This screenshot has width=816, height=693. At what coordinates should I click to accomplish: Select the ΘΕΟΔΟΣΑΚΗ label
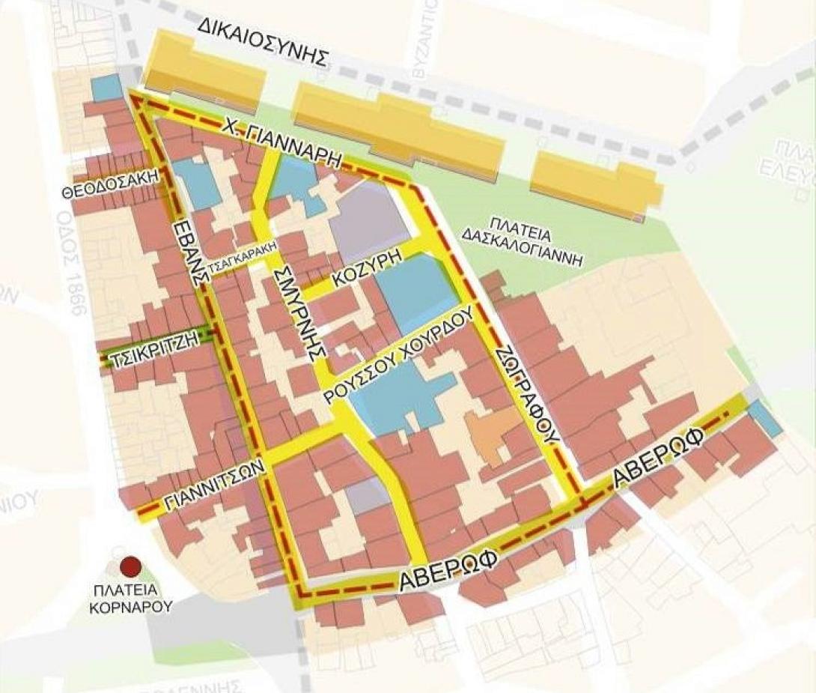(x=112, y=184)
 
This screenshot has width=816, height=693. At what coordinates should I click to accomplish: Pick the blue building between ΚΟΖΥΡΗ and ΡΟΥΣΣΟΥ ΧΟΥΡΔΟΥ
(x=416, y=292)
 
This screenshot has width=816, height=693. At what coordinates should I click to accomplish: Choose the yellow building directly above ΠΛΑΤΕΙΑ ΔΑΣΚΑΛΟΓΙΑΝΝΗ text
(x=595, y=180)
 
